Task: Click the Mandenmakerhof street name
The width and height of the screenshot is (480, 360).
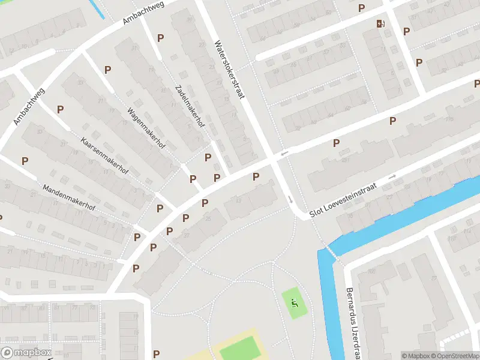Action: [x=69, y=197]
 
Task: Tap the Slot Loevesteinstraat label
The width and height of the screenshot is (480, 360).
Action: [x=343, y=200]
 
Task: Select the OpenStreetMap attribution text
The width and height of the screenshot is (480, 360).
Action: [x=458, y=356]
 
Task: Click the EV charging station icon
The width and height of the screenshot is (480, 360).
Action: [x=380, y=23]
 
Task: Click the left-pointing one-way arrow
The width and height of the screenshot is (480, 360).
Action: [x=284, y=153]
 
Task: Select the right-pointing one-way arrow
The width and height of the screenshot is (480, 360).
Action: [x=393, y=176]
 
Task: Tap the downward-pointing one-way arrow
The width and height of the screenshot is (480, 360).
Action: [x=289, y=199]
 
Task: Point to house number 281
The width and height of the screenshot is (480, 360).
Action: [x=346, y=160]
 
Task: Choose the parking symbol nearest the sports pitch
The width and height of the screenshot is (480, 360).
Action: [x=157, y=354]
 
